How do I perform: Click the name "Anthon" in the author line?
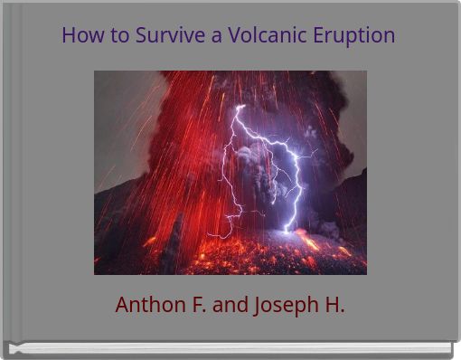click(x=148, y=305)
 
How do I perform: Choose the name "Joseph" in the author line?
click(x=283, y=306)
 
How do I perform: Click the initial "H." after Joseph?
click(x=334, y=305)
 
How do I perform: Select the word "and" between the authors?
click(x=230, y=305)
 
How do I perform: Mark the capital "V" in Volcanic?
click(x=235, y=35)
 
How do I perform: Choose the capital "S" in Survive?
click(x=142, y=35)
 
